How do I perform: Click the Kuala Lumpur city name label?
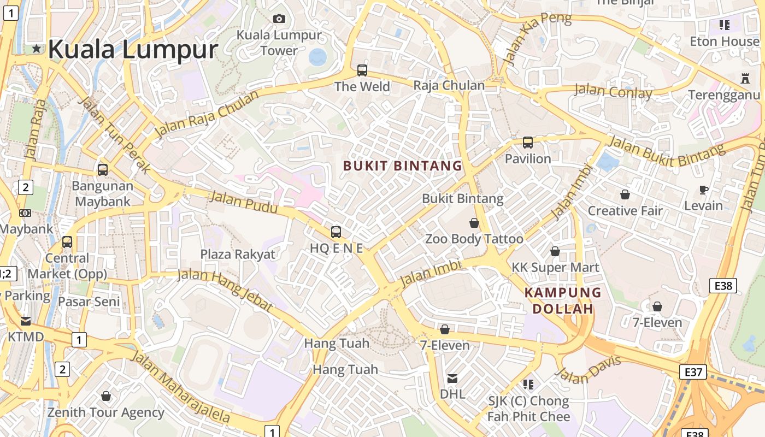[133, 49]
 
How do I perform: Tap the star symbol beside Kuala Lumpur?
[37, 49]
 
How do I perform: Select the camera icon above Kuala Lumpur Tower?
[279, 19]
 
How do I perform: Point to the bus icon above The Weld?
[362, 70]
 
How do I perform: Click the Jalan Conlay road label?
[613, 91]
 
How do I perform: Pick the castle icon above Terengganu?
[745, 78]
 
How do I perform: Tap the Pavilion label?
[528, 158]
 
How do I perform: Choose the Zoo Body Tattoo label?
[474, 239]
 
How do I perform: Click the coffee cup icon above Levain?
[704, 190]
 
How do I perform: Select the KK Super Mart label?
[555, 267]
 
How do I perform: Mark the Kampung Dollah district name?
[563, 300]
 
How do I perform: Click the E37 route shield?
[693, 372]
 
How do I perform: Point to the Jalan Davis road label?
[589, 370]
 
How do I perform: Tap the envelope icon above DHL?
[452, 378]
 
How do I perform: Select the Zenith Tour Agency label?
[105, 412]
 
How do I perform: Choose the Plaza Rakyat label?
[238, 254]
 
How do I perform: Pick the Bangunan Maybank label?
[103, 193]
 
